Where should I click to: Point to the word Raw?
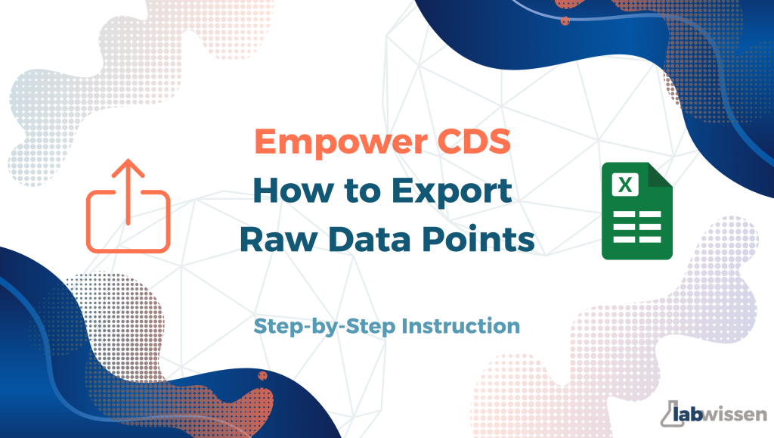pos(278,239)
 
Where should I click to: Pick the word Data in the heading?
pos(369,239)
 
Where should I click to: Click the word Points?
pos(478,239)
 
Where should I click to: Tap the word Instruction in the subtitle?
pos(460,326)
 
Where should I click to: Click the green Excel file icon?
pos(636,211)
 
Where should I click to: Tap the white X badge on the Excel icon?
pos(625,185)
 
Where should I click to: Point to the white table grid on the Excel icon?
pos(636,227)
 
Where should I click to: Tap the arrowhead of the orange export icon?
pos(128,167)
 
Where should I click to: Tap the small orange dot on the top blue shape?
pos(565,20)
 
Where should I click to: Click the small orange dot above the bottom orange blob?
pos(262,376)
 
